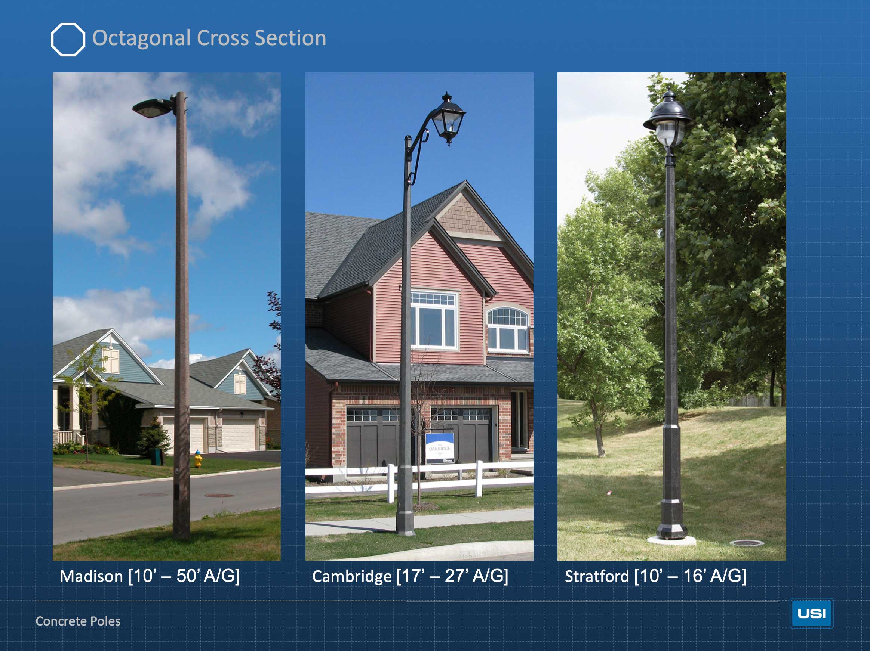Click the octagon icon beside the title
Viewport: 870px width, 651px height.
click(x=68, y=39)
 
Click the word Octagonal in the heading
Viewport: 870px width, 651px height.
click(x=142, y=38)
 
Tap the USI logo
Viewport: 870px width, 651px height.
click(x=811, y=613)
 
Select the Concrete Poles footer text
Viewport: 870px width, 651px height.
click(x=78, y=621)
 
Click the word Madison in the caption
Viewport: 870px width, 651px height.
click(x=92, y=576)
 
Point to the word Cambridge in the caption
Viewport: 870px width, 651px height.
click(x=351, y=577)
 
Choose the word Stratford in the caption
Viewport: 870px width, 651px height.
click(x=597, y=576)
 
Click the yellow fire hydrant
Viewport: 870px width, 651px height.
click(x=198, y=459)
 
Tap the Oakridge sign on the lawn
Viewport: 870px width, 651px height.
click(x=440, y=448)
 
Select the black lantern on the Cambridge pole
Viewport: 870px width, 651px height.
click(x=448, y=119)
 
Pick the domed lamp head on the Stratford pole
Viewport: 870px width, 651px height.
click(x=668, y=120)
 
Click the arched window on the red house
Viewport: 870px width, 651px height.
click(x=507, y=329)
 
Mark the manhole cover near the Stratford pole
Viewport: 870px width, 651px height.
click(x=747, y=543)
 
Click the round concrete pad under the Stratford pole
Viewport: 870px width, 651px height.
click(x=671, y=541)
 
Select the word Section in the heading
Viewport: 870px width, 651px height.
click(x=290, y=38)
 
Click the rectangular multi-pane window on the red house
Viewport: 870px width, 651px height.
click(x=434, y=320)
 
